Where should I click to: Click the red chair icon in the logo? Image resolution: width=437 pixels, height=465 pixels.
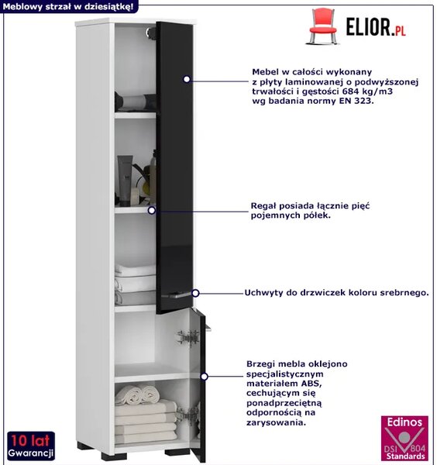323,26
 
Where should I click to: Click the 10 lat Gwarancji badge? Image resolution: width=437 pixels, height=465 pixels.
31,445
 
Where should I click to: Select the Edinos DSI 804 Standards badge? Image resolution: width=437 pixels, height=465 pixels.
404,438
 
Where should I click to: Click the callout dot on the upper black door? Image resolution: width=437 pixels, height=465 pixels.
187,79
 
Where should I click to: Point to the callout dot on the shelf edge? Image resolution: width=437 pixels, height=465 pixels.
152,210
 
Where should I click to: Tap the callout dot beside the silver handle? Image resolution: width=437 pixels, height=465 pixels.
195,293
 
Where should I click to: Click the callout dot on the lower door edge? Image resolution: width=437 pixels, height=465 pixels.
204,377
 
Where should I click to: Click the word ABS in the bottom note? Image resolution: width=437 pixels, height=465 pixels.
311,383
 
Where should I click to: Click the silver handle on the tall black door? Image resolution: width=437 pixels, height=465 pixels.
176,294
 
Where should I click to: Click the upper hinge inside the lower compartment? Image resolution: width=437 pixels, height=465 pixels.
188,337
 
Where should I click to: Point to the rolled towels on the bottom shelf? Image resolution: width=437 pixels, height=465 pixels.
137,394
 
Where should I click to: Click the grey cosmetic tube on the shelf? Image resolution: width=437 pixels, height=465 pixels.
125,181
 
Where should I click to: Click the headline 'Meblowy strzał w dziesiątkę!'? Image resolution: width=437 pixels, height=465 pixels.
68,6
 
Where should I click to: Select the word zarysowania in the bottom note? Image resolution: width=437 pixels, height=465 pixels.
276,422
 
